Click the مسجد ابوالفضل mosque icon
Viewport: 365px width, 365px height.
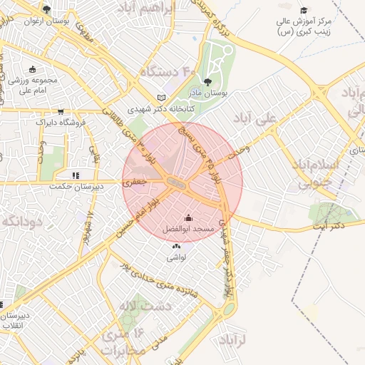pos(188,217)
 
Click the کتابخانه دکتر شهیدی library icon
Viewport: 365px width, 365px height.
pos(162,98)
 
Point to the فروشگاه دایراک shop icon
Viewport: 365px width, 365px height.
pos(61,111)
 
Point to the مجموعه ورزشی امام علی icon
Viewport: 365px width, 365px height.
pos(33,69)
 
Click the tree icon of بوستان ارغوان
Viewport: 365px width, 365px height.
pos(46,9)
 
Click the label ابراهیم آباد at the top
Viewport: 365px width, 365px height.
pos(167,9)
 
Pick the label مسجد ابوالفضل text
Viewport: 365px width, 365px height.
pos(187,229)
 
